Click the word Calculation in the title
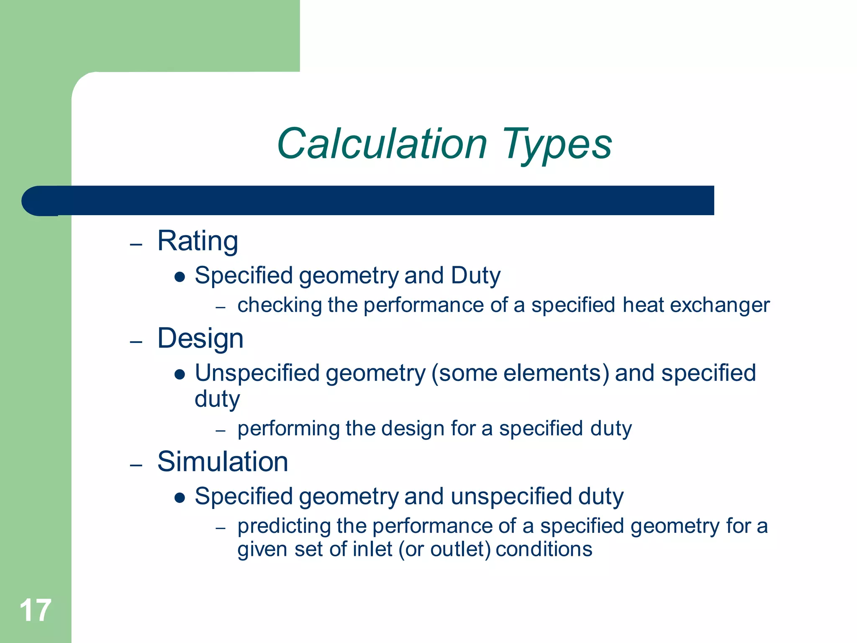pos(382,144)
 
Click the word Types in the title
pos(557,144)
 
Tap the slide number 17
pos(35,610)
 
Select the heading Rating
pos(198,242)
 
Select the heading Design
pos(200,339)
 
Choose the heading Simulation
pos(223,462)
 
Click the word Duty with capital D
pos(475,276)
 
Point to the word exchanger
pos(719,305)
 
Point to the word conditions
pos(544,549)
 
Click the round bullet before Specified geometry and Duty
pos(180,277)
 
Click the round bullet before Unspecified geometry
pos(180,374)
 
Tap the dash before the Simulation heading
pos(136,466)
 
